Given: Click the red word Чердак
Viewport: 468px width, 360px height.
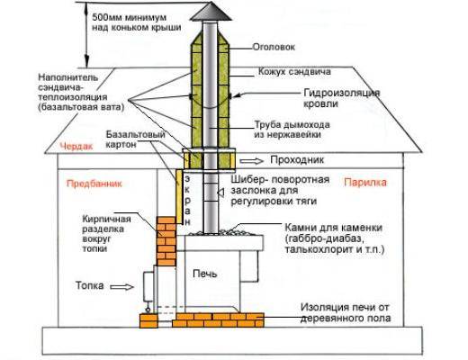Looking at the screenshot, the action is pyautogui.click(x=76, y=147).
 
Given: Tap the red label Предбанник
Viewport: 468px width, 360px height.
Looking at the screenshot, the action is pyautogui.click(x=94, y=184).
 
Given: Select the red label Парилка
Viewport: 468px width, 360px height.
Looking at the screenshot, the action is pyautogui.click(x=365, y=183).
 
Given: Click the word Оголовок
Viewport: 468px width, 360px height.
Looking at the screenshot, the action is pyautogui.click(x=274, y=47).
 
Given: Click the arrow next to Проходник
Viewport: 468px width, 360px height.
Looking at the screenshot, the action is pyautogui.click(x=251, y=161).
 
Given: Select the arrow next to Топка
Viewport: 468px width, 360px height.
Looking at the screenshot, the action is pyautogui.click(x=121, y=287).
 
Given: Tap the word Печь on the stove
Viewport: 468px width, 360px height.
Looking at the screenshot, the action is pyautogui.click(x=205, y=274).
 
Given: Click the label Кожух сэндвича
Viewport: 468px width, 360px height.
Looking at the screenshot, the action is pyautogui.click(x=294, y=71).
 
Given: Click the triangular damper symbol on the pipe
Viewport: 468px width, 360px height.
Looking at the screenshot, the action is pyautogui.click(x=220, y=193).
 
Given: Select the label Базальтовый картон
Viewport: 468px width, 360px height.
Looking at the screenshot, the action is pyautogui.click(x=136, y=139).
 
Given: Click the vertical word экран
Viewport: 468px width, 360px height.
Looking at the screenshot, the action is pyautogui.click(x=187, y=201).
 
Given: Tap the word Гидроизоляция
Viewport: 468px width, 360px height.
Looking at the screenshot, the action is pyautogui.click(x=342, y=93).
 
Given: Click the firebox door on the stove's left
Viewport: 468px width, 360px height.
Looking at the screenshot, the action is pyautogui.click(x=148, y=286).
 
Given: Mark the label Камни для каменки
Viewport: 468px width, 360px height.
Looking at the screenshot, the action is pyautogui.click(x=333, y=228).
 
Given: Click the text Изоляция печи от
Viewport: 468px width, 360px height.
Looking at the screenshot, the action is pyautogui.click(x=345, y=307).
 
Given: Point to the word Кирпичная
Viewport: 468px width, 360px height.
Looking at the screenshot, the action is pyautogui.click(x=106, y=220).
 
